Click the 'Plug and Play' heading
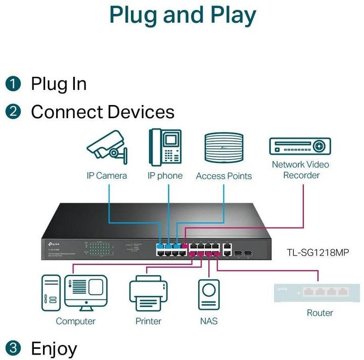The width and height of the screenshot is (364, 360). tap(183, 15)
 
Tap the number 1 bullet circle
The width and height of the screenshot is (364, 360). tap(14, 84)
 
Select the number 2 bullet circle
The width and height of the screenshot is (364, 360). tap(14, 112)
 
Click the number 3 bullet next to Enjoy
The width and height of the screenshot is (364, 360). tap(14, 348)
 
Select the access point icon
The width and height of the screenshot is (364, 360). tap(223, 147)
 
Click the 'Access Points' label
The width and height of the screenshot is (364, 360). tap(223, 176)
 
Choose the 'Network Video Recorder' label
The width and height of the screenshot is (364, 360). tap(300, 170)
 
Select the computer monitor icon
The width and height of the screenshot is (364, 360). tap(86, 293)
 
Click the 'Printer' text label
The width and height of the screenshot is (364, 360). tap(148, 321)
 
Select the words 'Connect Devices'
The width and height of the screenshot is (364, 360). tap(102, 112)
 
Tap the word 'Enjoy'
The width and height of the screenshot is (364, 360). tap(54, 348)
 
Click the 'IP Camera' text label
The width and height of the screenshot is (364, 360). tap(106, 176)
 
